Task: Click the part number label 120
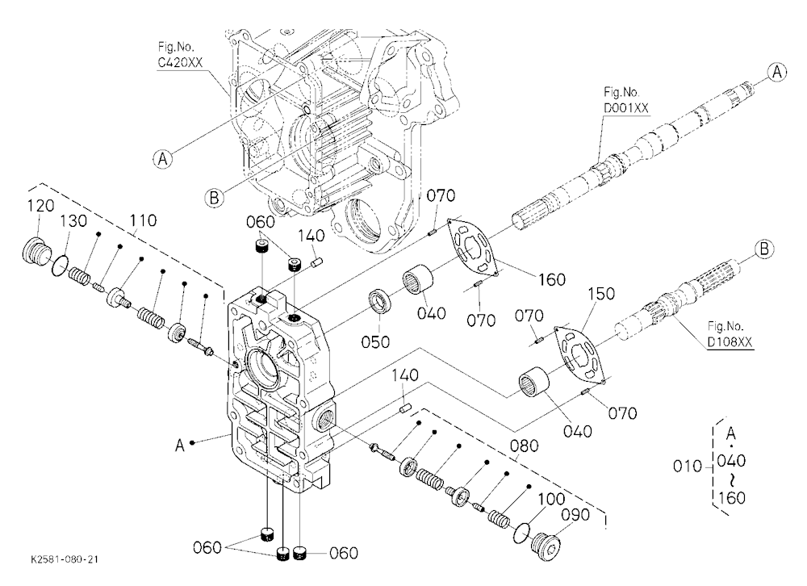[40, 206]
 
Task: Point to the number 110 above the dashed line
[143, 220]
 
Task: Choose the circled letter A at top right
[776, 72]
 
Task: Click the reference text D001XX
[626, 108]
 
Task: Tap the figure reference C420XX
[180, 63]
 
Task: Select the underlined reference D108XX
[730, 342]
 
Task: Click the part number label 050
[375, 342]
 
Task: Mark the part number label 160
[552, 279]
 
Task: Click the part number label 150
[601, 294]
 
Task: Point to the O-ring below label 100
[524, 532]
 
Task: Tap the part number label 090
[575, 514]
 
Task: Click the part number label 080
[525, 446]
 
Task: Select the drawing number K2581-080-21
[65, 559]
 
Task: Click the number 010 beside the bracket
[687, 466]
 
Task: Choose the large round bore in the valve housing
[264, 369]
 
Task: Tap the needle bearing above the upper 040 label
[417, 279]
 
